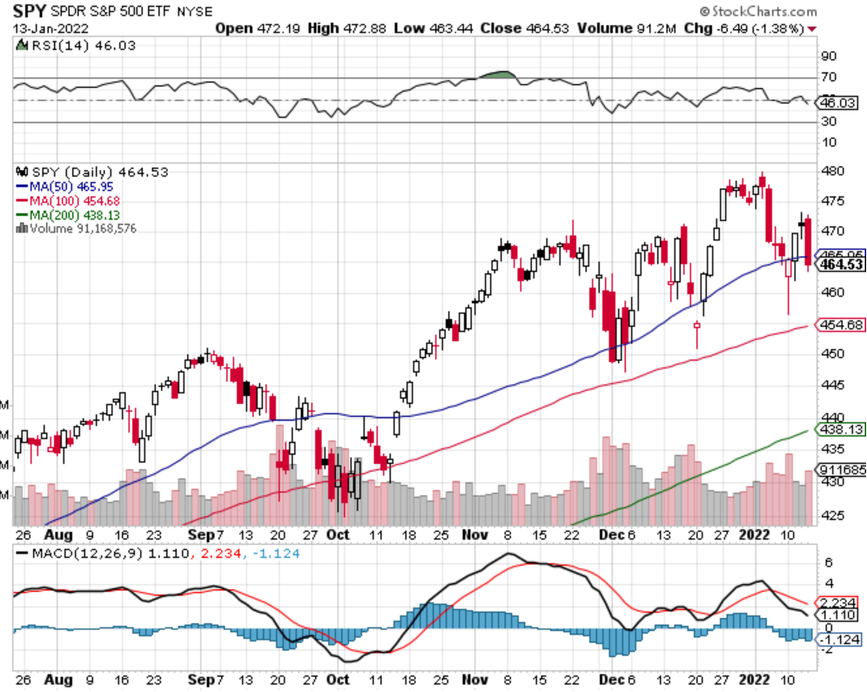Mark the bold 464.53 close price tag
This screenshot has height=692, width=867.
pyautogui.click(x=840, y=265)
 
